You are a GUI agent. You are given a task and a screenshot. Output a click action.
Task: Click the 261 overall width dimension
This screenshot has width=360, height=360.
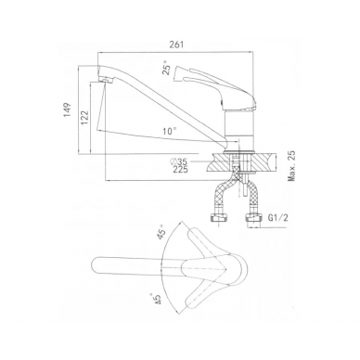(x=176, y=45)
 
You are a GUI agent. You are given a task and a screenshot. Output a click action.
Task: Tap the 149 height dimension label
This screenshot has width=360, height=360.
(x=68, y=109)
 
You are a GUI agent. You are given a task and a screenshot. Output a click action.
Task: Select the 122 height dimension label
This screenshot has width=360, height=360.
(x=84, y=117)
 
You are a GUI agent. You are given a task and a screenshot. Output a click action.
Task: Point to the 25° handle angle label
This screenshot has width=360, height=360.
(x=167, y=70)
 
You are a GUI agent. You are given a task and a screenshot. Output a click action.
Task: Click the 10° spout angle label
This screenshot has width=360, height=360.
(x=170, y=131)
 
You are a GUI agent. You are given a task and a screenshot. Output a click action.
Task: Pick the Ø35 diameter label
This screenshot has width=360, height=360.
(x=179, y=161)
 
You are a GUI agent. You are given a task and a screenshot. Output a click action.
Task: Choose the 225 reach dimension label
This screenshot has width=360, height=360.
(x=180, y=169)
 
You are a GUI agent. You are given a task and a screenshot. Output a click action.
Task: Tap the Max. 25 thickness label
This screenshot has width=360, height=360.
(x=291, y=166)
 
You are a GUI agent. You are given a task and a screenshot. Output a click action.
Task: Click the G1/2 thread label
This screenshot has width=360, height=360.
(x=277, y=218)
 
